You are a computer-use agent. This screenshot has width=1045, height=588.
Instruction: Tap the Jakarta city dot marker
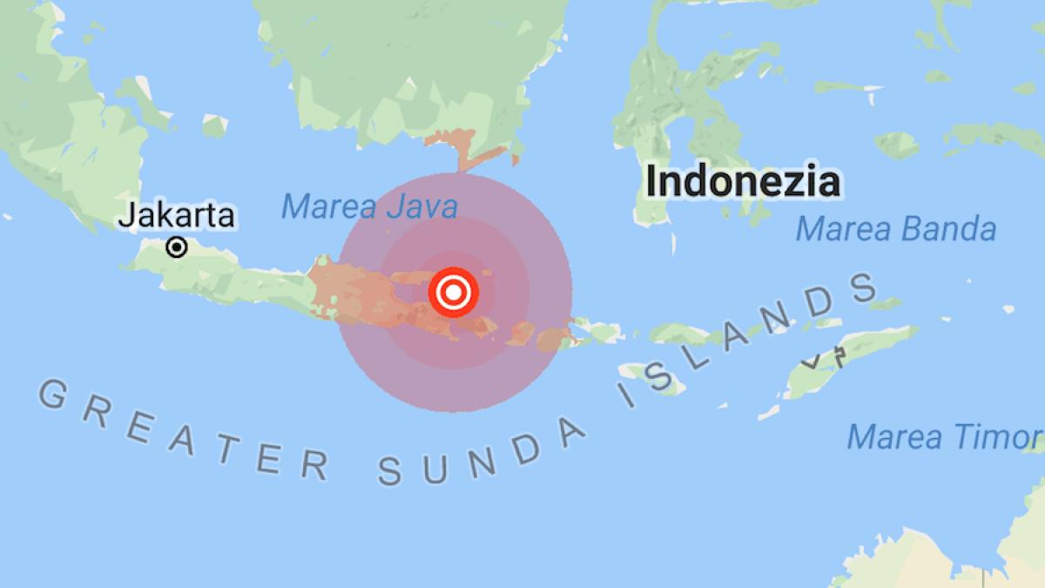click(177, 247)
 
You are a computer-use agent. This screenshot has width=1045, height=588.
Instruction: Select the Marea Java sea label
click(369, 207)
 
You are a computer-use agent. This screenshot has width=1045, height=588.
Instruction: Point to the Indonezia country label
click(742, 182)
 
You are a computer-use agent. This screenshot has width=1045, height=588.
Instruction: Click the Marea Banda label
click(896, 229)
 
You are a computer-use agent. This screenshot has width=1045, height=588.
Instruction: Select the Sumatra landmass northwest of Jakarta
click(52, 131)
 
